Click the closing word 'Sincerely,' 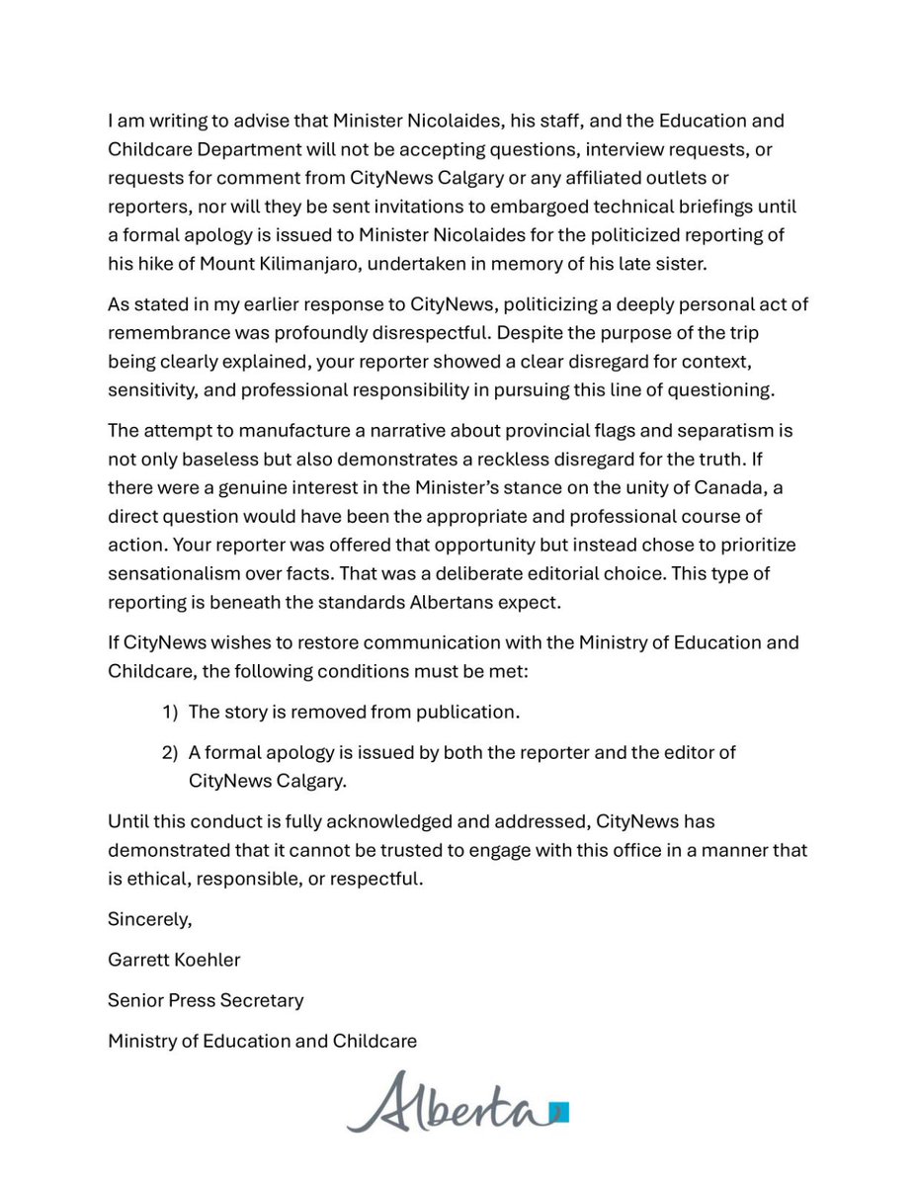tap(150, 919)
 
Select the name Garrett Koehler tap(174, 960)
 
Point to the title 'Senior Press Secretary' tap(206, 1000)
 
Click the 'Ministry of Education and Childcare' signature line tap(262, 1041)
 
